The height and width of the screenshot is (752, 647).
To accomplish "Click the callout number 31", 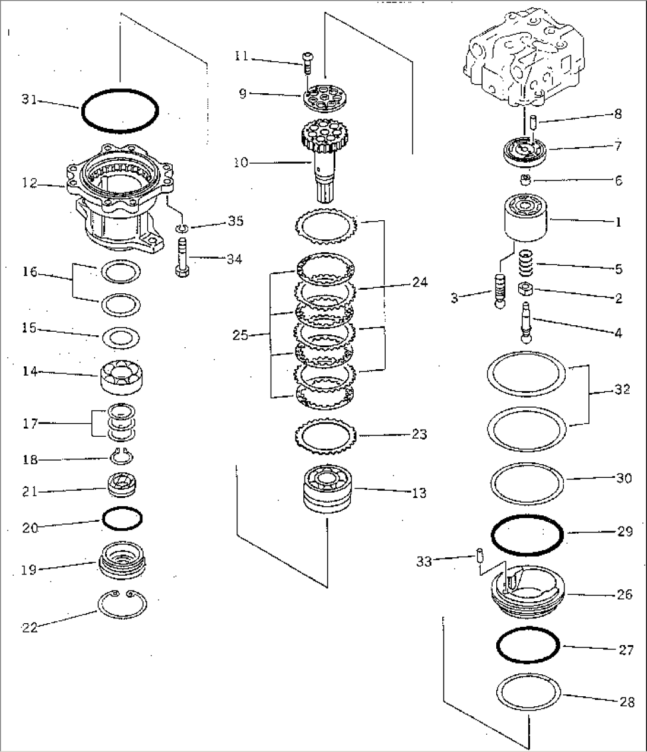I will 29,100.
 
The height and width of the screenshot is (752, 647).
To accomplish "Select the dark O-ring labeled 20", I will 122,519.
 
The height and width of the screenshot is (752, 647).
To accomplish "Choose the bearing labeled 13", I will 326,488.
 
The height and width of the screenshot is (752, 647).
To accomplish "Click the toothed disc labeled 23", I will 325,436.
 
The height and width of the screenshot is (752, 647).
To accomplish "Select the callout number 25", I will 240,335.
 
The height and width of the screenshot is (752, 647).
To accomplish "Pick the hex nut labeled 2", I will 525,290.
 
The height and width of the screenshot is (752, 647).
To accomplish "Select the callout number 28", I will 626,702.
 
